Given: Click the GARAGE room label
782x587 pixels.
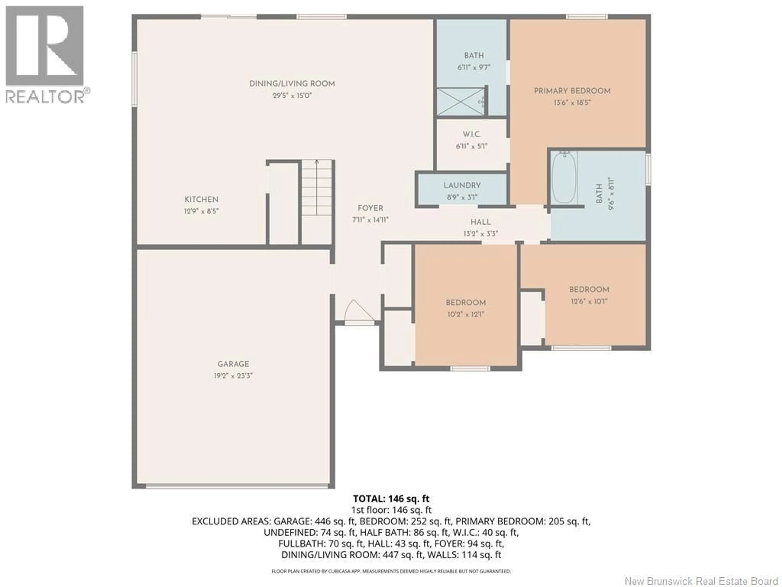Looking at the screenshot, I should (x=233, y=364).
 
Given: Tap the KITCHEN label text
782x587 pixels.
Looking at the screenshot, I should (x=201, y=199).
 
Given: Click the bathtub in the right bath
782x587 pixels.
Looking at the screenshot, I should (x=564, y=177).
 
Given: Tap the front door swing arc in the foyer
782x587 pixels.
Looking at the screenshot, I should (x=358, y=311).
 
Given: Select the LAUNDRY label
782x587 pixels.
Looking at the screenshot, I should (x=462, y=185).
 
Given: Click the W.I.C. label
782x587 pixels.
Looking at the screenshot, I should (x=472, y=135).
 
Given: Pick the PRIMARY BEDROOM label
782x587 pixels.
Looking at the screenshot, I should (x=572, y=91).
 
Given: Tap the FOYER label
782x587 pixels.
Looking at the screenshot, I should (x=370, y=208).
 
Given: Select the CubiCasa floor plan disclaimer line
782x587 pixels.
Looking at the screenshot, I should (x=391, y=571).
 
